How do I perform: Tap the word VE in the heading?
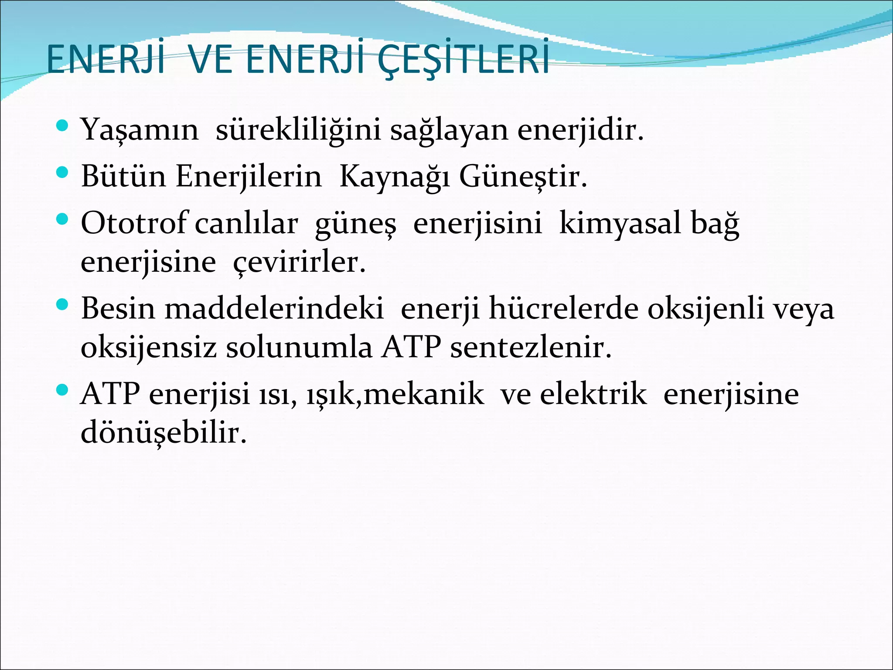(211, 60)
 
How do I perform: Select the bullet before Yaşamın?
(63, 126)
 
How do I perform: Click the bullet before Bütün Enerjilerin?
(63, 173)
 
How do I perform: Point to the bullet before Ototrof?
(63, 219)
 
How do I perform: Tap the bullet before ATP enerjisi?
(63, 390)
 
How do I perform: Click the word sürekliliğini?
(298, 130)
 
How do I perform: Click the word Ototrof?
(134, 223)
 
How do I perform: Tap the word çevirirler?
(299, 263)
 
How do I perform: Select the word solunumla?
(299, 348)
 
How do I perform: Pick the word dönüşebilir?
(164, 433)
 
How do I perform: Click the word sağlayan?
(449, 130)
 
